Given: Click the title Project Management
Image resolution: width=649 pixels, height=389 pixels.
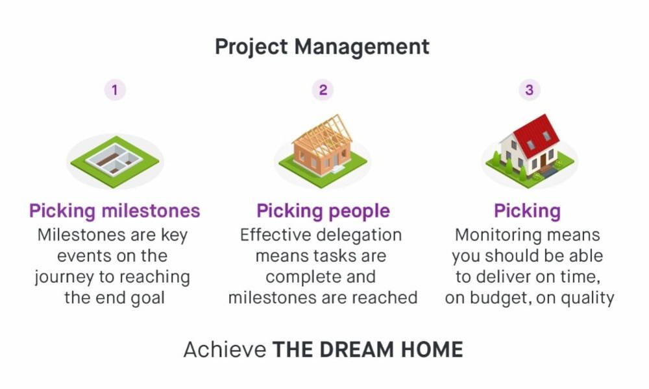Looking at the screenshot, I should point(322,47).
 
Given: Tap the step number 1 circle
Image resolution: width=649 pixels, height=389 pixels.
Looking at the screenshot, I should point(115,90).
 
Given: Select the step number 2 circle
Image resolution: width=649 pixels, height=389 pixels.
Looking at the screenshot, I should point(323,90).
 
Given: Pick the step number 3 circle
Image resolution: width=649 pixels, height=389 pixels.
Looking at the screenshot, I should point(529,90).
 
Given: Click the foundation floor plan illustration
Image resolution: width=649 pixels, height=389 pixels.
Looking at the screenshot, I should point(115,159).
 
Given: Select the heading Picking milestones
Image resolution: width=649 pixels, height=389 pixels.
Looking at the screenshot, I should point(115,211).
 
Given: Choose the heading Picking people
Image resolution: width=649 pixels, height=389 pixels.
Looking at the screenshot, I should point(323,211).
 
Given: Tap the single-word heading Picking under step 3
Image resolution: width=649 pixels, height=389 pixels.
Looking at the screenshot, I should point(527,211).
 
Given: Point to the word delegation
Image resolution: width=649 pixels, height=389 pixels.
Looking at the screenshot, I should point(361,235).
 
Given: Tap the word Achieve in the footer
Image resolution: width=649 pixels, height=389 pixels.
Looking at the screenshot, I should point(225,350).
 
